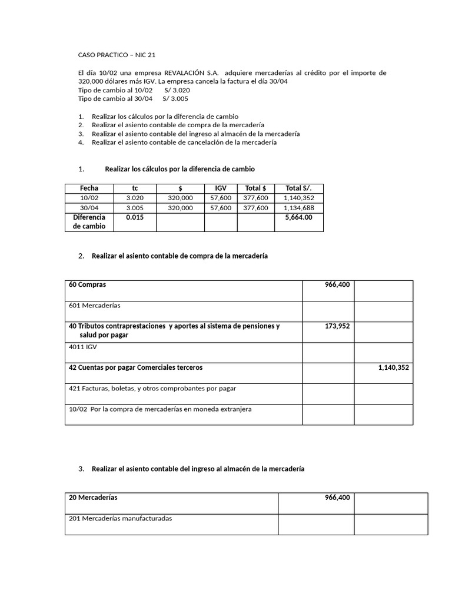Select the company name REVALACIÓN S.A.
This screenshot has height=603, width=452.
coord(191,72)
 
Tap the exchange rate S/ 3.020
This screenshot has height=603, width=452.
coord(177,90)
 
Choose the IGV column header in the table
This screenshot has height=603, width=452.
coord(221,188)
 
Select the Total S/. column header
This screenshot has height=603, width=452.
coord(298,188)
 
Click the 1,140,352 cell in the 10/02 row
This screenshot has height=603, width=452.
coord(298,198)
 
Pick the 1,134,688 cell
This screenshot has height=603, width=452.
coord(298,208)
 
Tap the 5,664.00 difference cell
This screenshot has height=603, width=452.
coord(298,217)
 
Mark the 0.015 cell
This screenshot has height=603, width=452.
coord(135,217)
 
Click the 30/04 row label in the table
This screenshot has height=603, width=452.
coord(89,208)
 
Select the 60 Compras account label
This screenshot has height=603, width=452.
coord(88,284)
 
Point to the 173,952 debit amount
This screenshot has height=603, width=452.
coord(337,325)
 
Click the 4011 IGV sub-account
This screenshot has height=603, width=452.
coord(83,347)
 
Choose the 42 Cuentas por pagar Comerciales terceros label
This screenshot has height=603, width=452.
coord(135,367)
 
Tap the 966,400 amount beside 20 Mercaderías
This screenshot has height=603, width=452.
coord(337,498)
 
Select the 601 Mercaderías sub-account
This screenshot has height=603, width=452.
coord(95,306)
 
